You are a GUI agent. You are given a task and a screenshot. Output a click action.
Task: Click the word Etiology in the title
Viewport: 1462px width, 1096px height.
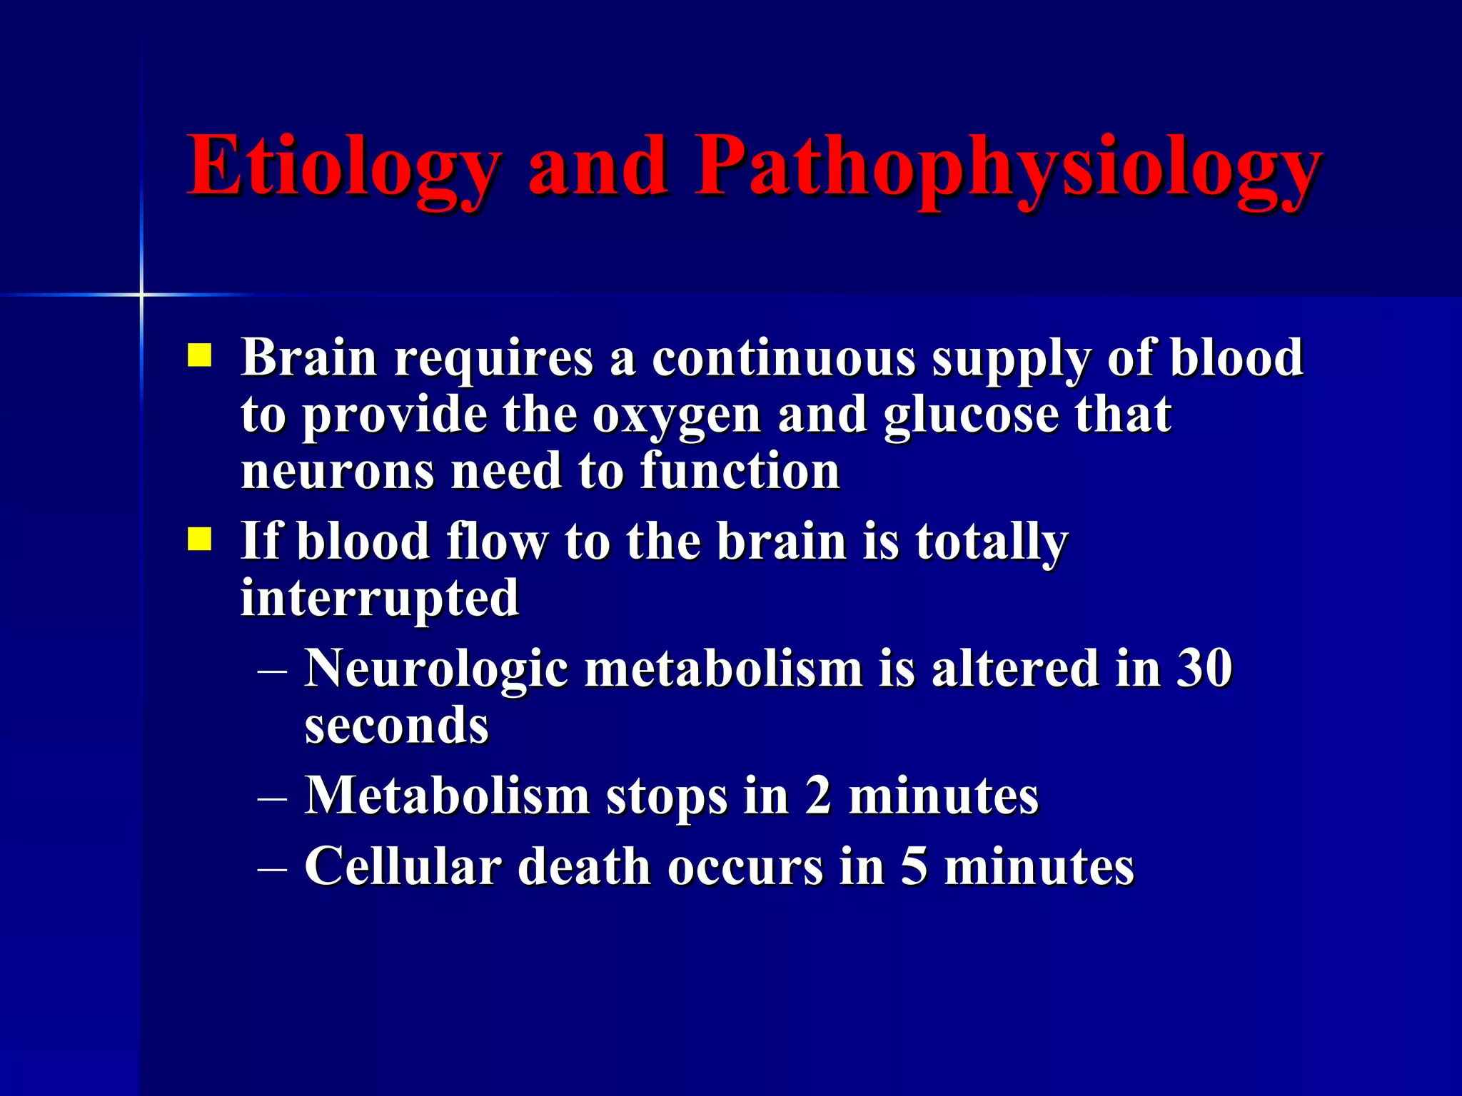pyautogui.click(x=343, y=168)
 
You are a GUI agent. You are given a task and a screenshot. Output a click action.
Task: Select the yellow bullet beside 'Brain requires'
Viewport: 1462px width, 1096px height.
pyautogui.click(x=199, y=355)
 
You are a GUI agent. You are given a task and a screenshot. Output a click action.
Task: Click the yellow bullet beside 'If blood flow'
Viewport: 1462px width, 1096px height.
pyautogui.click(x=199, y=539)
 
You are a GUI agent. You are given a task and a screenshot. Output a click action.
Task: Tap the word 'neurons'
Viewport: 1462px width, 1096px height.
pyautogui.click(x=337, y=472)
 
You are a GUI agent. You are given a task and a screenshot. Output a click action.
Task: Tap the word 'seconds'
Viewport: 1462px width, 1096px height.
pyautogui.click(x=396, y=726)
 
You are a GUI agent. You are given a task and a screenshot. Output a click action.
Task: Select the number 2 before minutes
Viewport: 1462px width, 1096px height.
pyautogui.click(x=819, y=795)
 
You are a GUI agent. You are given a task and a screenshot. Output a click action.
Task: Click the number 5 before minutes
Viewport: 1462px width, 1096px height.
pyautogui.click(x=914, y=866)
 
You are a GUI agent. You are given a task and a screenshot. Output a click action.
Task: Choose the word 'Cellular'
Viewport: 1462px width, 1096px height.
pyautogui.click(x=403, y=866)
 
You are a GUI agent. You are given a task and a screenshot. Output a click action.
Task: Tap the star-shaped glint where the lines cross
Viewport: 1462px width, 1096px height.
pyautogui.click(x=141, y=294)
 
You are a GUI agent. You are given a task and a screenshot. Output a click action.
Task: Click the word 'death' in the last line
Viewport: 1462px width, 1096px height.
pyautogui.click(x=583, y=866)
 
